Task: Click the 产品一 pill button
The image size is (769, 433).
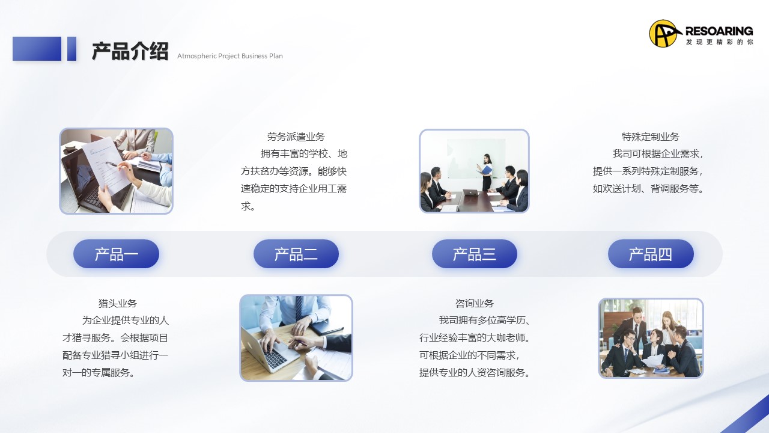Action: click(116, 254)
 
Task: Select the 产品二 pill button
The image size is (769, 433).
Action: click(296, 254)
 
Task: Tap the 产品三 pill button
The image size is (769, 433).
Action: click(475, 254)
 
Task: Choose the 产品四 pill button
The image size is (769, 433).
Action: click(651, 254)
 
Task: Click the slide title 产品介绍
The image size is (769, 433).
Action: click(130, 52)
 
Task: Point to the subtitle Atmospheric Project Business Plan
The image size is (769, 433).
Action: click(230, 56)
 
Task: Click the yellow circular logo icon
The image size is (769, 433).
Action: click(664, 33)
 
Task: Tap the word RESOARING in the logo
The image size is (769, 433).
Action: click(719, 31)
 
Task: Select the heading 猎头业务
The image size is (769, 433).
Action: click(117, 303)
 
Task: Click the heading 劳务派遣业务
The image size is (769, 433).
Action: click(296, 137)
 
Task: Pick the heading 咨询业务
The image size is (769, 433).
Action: click(475, 303)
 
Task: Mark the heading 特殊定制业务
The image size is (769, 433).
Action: click(651, 137)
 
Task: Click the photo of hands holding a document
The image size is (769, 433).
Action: click(116, 171)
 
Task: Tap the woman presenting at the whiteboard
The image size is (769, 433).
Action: click(486, 172)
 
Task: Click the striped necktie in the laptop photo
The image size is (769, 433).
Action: click(299, 307)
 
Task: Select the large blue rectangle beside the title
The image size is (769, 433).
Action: click(37, 49)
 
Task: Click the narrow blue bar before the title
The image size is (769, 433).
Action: click(71, 49)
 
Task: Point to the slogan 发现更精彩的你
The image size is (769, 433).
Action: click(720, 42)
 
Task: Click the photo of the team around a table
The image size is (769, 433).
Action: click(651, 338)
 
